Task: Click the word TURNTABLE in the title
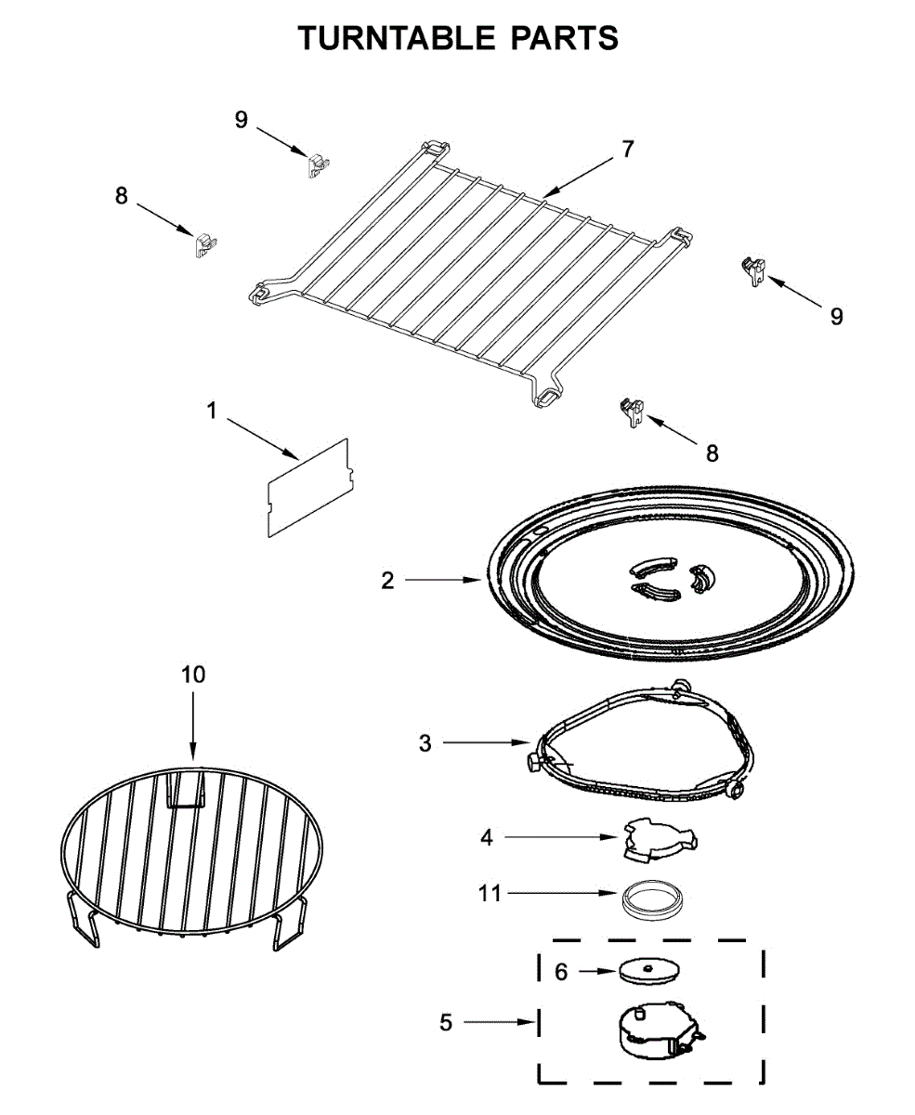pyautogui.click(x=397, y=38)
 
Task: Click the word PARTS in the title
pyautogui.click(x=564, y=38)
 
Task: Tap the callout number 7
pyautogui.click(x=628, y=149)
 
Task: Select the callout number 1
pyautogui.click(x=212, y=410)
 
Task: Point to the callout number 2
pyautogui.click(x=387, y=581)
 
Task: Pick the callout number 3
pyautogui.click(x=425, y=743)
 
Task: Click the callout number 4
pyautogui.click(x=487, y=837)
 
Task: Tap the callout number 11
pyautogui.click(x=490, y=894)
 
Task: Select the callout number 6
pyautogui.click(x=561, y=972)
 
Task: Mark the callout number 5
pyautogui.click(x=446, y=1022)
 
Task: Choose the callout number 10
pyautogui.click(x=193, y=675)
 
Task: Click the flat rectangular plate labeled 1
pyautogui.click(x=307, y=487)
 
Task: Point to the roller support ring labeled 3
pyautogui.click(x=641, y=753)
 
